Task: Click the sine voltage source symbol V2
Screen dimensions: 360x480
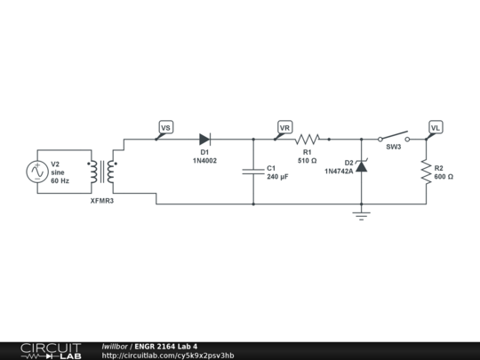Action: pyautogui.click(x=37, y=172)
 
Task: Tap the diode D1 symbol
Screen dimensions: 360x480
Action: pyautogui.click(x=204, y=139)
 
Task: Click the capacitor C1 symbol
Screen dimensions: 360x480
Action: pyautogui.click(x=253, y=172)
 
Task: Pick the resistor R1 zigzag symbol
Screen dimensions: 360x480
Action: pyautogui.click(x=308, y=139)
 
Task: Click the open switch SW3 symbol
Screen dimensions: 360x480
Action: pyautogui.click(x=394, y=138)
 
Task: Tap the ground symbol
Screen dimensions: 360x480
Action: pyautogui.click(x=361, y=214)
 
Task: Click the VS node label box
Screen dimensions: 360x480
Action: pyautogui.click(x=165, y=128)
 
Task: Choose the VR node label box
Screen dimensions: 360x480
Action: pyautogui.click(x=285, y=128)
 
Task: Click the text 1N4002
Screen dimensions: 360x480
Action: pyautogui.click(x=204, y=161)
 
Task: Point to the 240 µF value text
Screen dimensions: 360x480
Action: pyautogui.click(x=278, y=177)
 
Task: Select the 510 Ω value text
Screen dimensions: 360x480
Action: pyautogui.click(x=307, y=161)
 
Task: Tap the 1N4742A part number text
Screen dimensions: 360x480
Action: pyautogui.click(x=339, y=171)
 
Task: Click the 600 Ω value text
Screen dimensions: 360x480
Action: pyautogui.click(x=444, y=176)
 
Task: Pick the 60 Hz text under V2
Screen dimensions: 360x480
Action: pyautogui.click(x=60, y=180)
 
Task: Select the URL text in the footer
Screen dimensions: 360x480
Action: pyautogui.click(x=168, y=356)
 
